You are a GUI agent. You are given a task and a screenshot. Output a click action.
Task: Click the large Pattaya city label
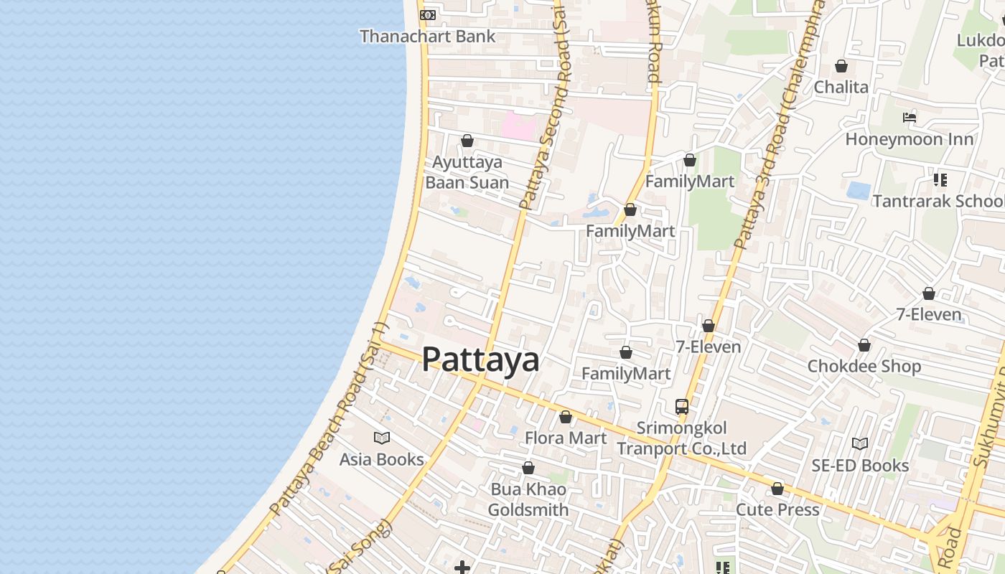coord(480,359)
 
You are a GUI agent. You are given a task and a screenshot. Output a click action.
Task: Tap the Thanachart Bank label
coord(427,36)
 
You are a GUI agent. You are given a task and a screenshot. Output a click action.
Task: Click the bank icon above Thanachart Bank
coord(427,15)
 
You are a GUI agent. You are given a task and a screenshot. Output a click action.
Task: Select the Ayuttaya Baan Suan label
coord(467,172)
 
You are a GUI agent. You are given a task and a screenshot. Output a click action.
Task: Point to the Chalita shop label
coord(841,87)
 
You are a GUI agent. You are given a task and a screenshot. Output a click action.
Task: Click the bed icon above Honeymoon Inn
coord(910,118)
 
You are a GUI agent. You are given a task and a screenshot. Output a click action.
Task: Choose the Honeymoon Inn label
coord(910,139)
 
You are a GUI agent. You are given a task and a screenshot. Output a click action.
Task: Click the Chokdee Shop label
coord(864,366)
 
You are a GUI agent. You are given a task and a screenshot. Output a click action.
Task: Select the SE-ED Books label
coord(860,466)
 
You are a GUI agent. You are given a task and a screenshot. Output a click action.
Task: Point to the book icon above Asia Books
coord(382,438)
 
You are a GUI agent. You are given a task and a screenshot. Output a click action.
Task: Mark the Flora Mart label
coord(566,438)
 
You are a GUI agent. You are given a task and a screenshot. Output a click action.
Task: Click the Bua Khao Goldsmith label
coord(528,499)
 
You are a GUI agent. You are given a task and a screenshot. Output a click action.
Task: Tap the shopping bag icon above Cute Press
coord(777,489)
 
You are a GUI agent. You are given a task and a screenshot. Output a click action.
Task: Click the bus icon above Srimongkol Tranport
coord(682,407)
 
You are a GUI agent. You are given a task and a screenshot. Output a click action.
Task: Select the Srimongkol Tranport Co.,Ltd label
coord(682,438)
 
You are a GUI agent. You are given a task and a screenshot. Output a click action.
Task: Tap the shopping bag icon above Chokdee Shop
coord(864,346)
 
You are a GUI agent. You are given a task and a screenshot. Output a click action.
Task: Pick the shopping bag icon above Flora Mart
coord(566,418)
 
